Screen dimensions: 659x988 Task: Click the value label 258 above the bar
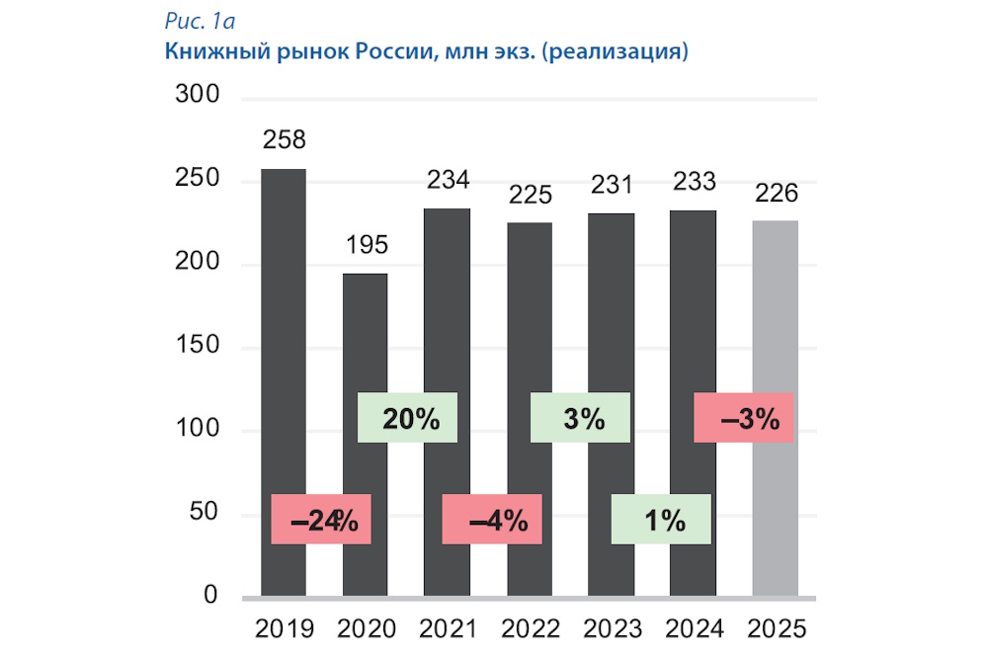[x=284, y=139]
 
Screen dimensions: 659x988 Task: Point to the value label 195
[x=366, y=244]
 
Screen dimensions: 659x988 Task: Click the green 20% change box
[x=407, y=418]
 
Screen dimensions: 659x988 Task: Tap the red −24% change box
[x=321, y=520]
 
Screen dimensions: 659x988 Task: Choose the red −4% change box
[x=491, y=520]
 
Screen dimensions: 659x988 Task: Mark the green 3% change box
[x=580, y=418]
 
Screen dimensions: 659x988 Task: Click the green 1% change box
[x=661, y=520]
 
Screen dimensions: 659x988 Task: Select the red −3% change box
[x=745, y=418]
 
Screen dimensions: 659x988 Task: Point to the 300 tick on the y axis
[x=195, y=97]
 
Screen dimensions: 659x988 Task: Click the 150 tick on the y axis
[x=195, y=348]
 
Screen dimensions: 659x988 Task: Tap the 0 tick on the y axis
[x=208, y=597]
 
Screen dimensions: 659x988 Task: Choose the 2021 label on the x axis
[x=448, y=629]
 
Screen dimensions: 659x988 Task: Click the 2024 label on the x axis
[x=694, y=629]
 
